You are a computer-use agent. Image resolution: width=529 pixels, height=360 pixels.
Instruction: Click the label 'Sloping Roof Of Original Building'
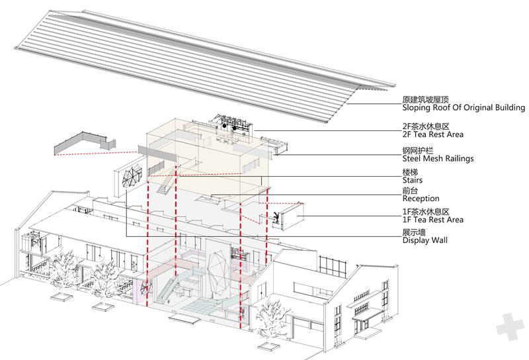[x=464, y=108]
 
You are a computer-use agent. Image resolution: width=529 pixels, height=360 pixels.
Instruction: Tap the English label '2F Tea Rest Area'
[x=433, y=134]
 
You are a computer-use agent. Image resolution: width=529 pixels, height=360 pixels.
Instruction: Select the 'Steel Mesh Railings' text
[x=438, y=158]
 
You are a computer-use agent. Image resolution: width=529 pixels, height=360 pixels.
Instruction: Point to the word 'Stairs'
[x=412, y=180]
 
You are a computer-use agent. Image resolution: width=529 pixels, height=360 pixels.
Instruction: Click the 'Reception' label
[x=421, y=199]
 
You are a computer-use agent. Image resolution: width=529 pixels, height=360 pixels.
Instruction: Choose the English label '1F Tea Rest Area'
[x=433, y=220]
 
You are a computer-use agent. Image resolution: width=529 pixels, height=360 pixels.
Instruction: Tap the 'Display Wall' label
[x=425, y=240]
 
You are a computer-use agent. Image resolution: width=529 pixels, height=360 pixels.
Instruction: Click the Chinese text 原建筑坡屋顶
[x=426, y=100]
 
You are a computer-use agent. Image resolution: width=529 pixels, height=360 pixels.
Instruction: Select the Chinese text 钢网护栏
[x=418, y=151]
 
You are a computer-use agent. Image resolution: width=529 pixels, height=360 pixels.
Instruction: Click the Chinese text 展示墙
[x=414, y=232]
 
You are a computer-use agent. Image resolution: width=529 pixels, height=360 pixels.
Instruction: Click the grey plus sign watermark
[x=511, y=326]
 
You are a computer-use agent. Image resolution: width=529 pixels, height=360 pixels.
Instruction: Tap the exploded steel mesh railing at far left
[x=85, y=144]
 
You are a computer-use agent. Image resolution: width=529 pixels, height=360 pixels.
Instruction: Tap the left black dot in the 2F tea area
[x=224, y=126]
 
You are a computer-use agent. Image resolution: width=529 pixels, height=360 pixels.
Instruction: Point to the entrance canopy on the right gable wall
[x=368, y=316]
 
